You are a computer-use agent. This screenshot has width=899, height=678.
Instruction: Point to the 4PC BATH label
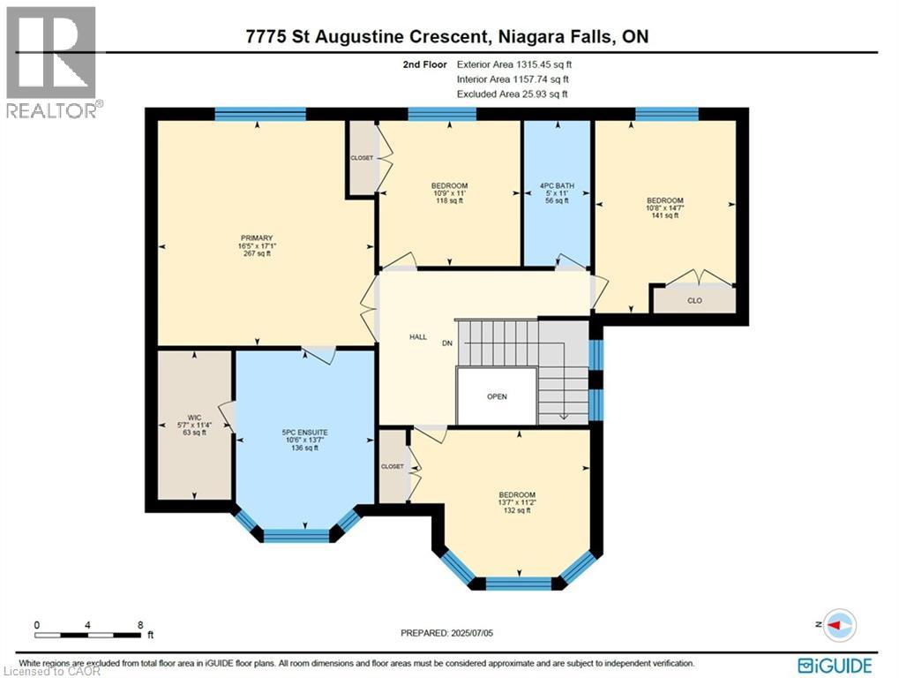[x=557, y=185]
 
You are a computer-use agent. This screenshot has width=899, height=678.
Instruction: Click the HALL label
[x=418, y=337]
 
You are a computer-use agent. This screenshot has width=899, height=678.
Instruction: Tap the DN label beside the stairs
[x=448, y=344]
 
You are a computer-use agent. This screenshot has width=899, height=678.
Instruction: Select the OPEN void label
[x=497, y=396]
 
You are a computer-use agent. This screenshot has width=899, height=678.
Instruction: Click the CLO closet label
[x=693, y=299]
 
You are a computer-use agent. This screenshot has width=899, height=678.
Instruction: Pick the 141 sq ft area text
[x=664, y=216]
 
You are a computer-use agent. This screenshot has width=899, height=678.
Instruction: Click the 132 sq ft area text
[x=516, y=510]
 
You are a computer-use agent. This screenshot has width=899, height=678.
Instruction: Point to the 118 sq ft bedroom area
[x=449, y=201]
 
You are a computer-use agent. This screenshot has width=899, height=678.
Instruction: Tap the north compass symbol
[x=839, y=623]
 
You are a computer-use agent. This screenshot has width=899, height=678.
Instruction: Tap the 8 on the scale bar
[x=140, y=624]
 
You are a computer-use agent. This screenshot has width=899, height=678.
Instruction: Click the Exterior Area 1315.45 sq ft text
[x=520, y=64]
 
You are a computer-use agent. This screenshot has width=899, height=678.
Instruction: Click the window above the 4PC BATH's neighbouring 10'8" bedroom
[x=666, y=113]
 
